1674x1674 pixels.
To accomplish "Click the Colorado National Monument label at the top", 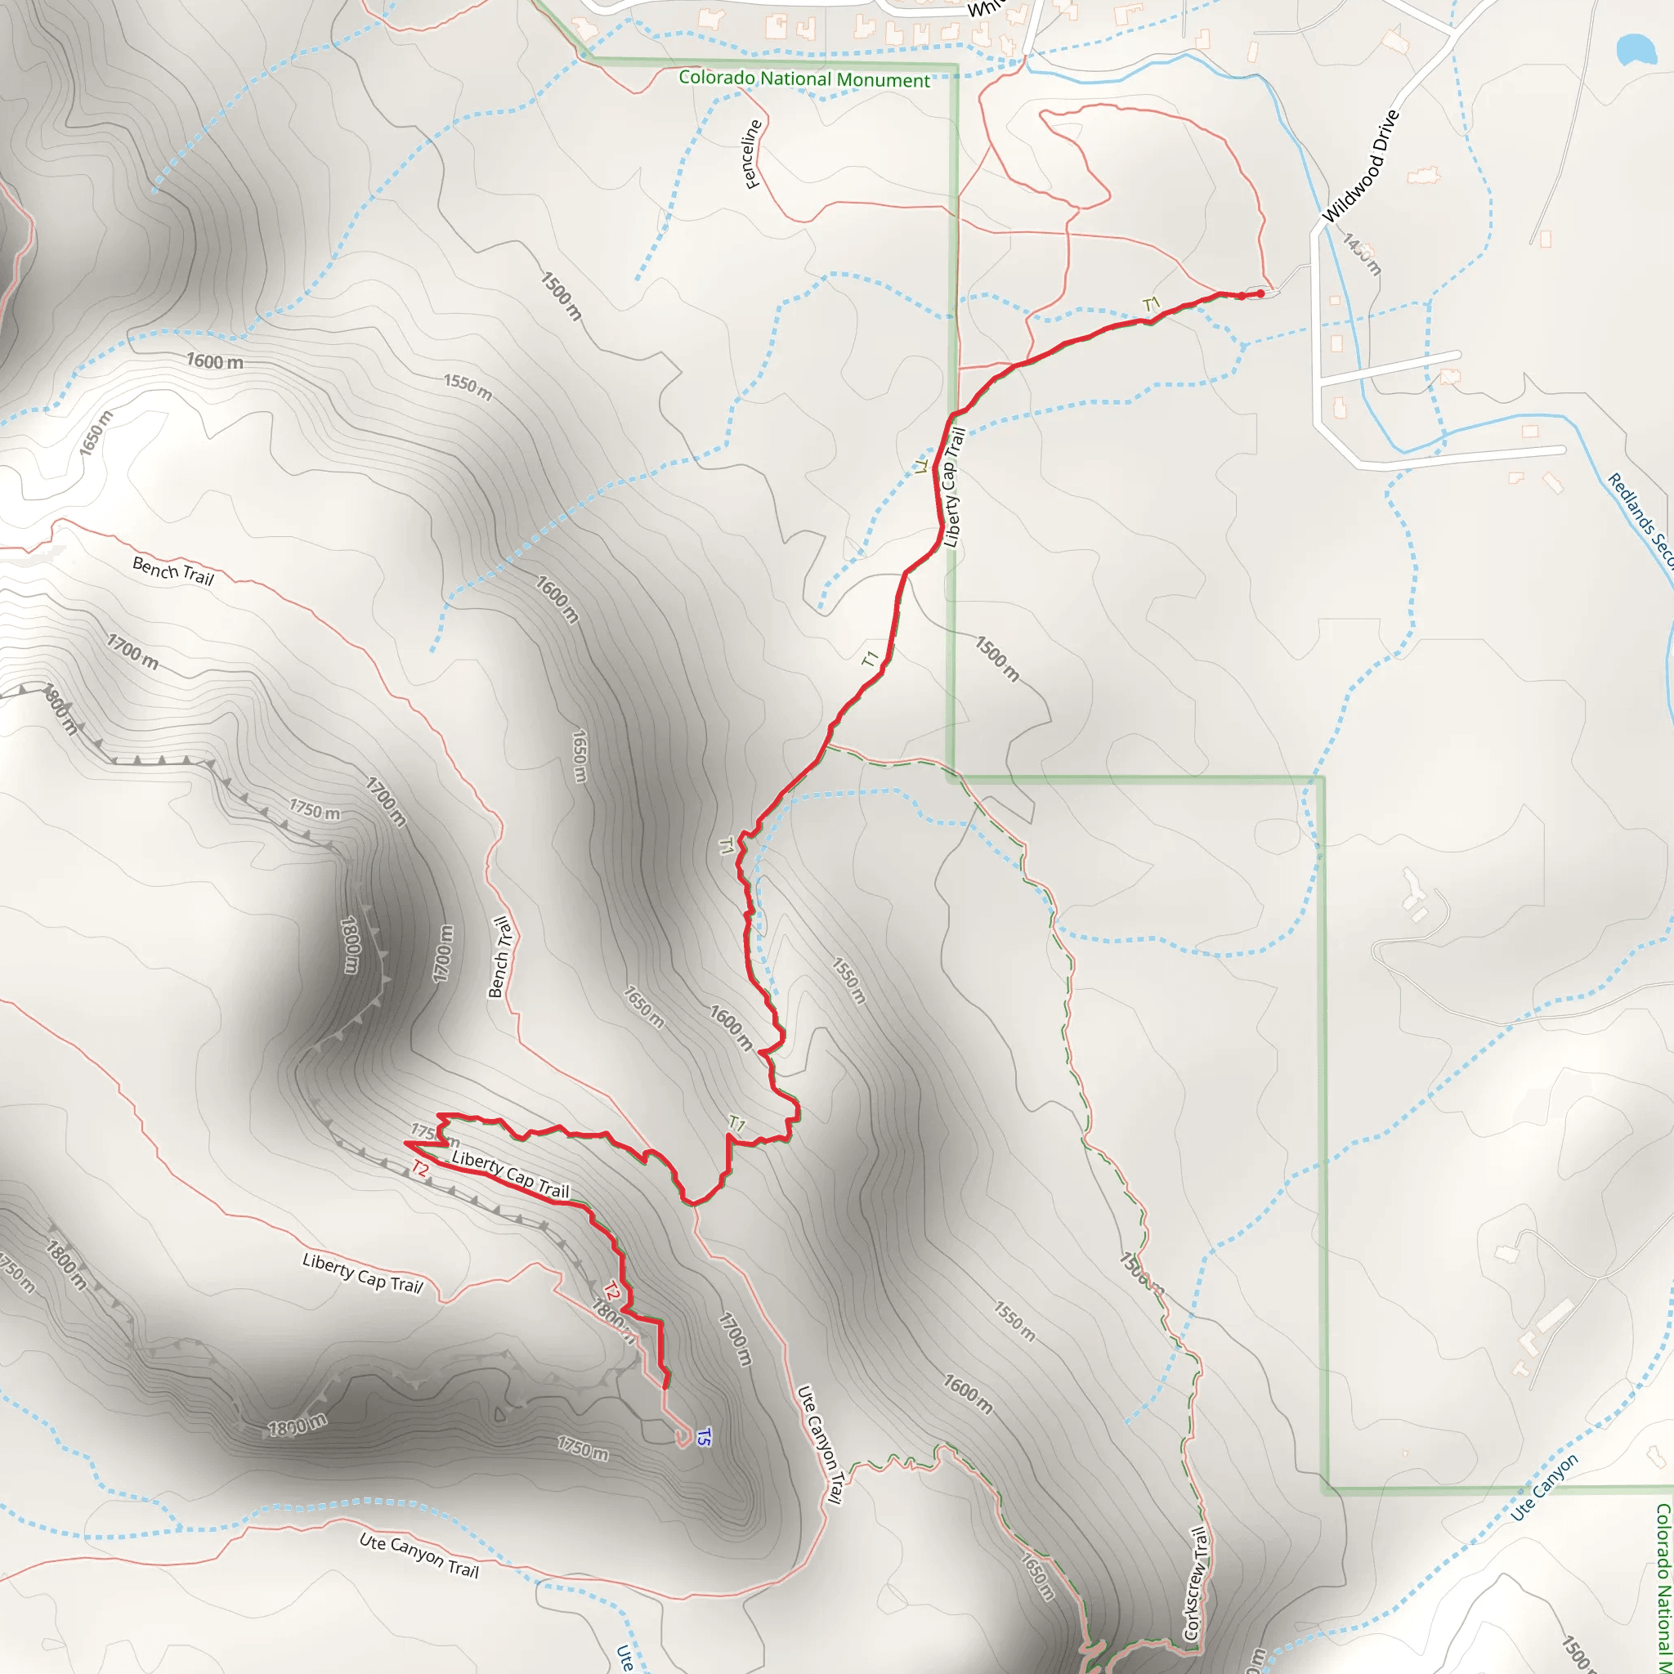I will click(803, 78).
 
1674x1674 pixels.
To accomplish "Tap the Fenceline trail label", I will click(751, 154).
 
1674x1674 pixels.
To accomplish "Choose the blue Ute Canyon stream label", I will click(1544, 1487).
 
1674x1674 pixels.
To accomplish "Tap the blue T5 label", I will click(703, 1437).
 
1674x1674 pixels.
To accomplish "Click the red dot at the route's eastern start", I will click(1260, 293).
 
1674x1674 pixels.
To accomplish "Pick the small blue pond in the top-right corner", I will click(1635, 49).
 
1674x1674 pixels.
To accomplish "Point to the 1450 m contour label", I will click(1361, 253).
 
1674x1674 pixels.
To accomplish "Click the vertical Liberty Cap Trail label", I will click(953, 488).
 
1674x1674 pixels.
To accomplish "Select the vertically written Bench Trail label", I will click(500, 956).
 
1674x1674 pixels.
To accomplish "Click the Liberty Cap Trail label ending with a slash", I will click(362, 1273).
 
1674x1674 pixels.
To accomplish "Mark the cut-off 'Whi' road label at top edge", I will click(984, 9).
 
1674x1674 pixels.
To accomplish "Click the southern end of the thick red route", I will click(665, 1386).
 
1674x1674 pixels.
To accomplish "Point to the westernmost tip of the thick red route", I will click(405, 1143).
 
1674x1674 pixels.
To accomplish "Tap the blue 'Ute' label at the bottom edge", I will click(624, 1657).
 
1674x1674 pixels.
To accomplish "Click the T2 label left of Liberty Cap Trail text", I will click(420, 1169).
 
